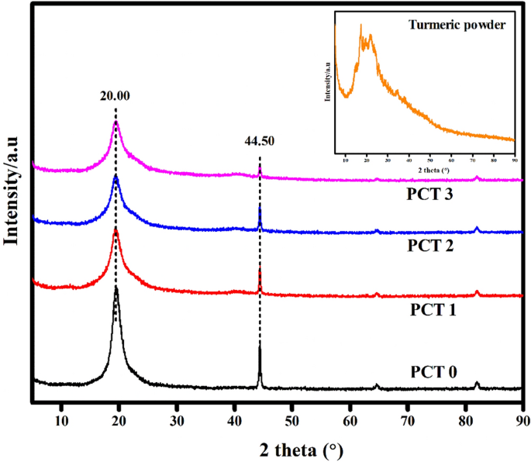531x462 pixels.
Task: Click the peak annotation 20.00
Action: (115, 98)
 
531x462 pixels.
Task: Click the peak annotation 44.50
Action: (259, 142)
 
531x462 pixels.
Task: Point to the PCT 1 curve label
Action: (433, 309)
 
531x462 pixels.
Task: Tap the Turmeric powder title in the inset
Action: (457, 25)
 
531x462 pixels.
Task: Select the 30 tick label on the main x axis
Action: (176, 420)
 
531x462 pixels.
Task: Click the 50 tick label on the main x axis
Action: (291, 420)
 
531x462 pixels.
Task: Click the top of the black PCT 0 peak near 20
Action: (116, 288)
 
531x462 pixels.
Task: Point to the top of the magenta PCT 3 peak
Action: (116, 121)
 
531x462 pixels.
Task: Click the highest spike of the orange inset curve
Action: (360, 25)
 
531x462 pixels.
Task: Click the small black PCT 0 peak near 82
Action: (477, 382)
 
